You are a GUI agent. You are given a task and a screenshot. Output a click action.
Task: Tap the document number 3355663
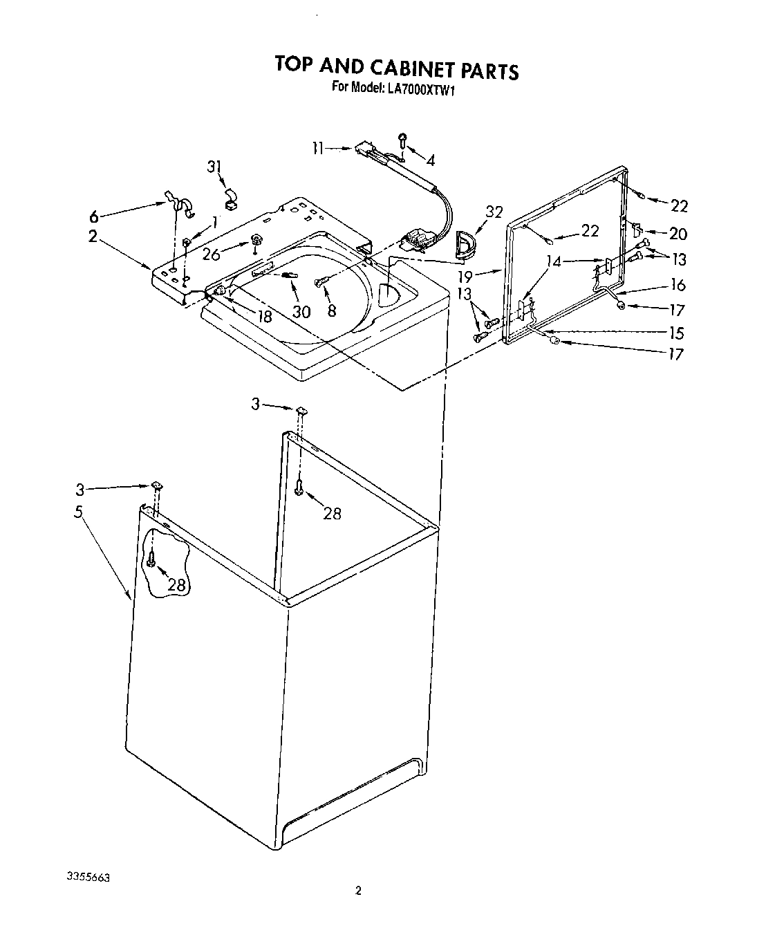coord(88,877)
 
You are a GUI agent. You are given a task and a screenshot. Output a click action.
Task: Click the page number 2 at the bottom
coord(358,891)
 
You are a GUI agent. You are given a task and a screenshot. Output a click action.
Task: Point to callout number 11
coord(317,147)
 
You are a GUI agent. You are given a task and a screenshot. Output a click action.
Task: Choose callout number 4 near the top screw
coord(431,160)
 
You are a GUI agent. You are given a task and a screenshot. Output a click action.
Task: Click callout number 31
coord(216,167)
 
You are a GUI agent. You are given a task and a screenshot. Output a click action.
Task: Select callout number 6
coord(94,214)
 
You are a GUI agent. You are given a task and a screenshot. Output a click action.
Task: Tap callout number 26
coord(212,254)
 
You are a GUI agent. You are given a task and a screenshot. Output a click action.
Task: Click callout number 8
coord(332,311)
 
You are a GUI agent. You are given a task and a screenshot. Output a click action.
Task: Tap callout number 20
coord(678,234)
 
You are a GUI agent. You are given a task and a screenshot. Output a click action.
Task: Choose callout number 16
coord(678,285)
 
